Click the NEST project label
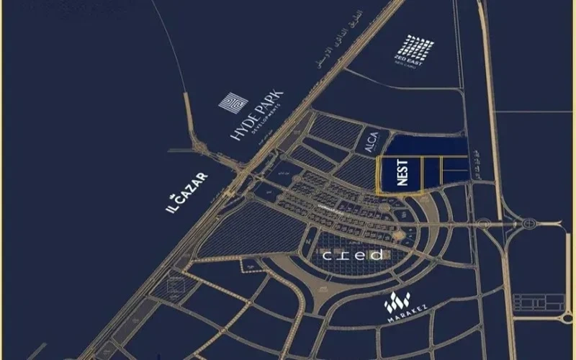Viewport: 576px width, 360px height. [402, 173]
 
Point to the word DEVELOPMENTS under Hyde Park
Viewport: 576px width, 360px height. [268, 126]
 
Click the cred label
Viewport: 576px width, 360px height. [353, 256]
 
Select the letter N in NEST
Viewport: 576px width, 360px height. [402, 184]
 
